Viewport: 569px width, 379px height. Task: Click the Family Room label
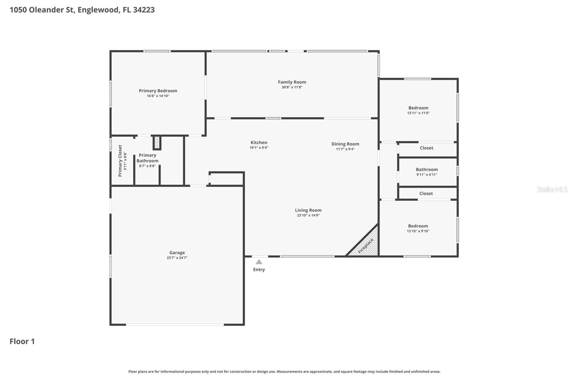point(292,82)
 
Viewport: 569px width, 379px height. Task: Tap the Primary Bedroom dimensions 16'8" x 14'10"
point(158,96)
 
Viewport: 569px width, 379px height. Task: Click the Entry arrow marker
point(259,262)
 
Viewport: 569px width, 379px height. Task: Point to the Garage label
point(177,253)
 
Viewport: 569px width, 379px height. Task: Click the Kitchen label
point(259,143)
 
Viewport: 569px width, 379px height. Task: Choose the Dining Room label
point(345,144)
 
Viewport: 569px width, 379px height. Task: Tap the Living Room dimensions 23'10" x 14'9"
point(308,215)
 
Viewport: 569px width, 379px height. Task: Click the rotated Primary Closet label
point(120,161)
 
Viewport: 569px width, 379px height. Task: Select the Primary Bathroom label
point(147,158)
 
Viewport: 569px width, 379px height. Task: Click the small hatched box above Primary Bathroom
point(157,143)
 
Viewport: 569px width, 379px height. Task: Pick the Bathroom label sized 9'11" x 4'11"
point(426,170)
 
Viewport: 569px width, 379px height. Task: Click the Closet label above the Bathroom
point(426,148)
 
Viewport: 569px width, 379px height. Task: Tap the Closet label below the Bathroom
point(426,193)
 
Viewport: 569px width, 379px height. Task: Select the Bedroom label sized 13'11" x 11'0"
point(418,108)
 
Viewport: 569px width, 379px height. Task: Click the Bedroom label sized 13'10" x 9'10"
point(418,226)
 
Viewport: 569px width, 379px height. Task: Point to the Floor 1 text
point(22,341)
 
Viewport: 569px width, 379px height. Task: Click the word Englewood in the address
point(98,10)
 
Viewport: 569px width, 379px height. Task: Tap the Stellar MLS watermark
point(552,189)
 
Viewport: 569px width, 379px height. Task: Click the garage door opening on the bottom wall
point(175,324)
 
